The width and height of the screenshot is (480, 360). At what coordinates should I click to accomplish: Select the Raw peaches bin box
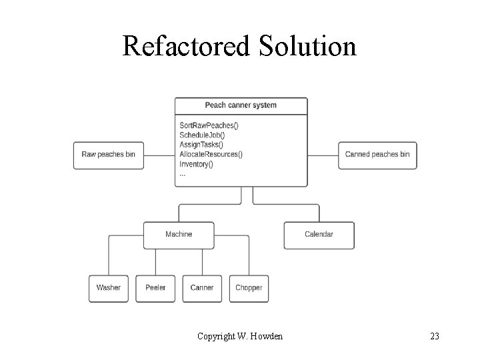click(108, 155)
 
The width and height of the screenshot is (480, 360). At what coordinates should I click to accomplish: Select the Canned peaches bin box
click(377, 155)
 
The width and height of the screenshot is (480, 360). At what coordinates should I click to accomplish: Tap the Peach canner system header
click(241, 105)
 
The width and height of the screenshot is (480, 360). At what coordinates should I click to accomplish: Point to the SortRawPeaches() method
click(209, 125)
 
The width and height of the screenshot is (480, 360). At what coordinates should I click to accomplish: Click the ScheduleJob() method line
click(203, 135)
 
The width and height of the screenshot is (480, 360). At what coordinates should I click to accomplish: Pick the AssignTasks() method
click(201, 145)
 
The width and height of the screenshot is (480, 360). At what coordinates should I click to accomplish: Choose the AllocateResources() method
click(211, 154)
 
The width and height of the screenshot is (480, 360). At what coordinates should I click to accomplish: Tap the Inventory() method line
click(196, 164)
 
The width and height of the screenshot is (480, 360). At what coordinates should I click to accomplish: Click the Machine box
click(179, 235)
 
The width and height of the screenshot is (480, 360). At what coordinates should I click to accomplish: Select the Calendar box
click(319, 235)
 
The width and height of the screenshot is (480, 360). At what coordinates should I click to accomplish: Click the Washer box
click(109, 288)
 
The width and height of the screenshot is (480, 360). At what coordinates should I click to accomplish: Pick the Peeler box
click(155, 288)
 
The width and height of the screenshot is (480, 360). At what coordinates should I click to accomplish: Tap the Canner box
click(202, 288)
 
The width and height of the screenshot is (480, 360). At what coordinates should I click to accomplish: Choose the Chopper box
click(249, 288)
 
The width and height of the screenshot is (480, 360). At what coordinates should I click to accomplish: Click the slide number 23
click(435, 336)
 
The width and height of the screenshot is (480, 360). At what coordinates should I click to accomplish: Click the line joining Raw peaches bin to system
click(159, 155)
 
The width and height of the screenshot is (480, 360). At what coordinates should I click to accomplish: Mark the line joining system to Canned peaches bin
click(323, 155)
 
